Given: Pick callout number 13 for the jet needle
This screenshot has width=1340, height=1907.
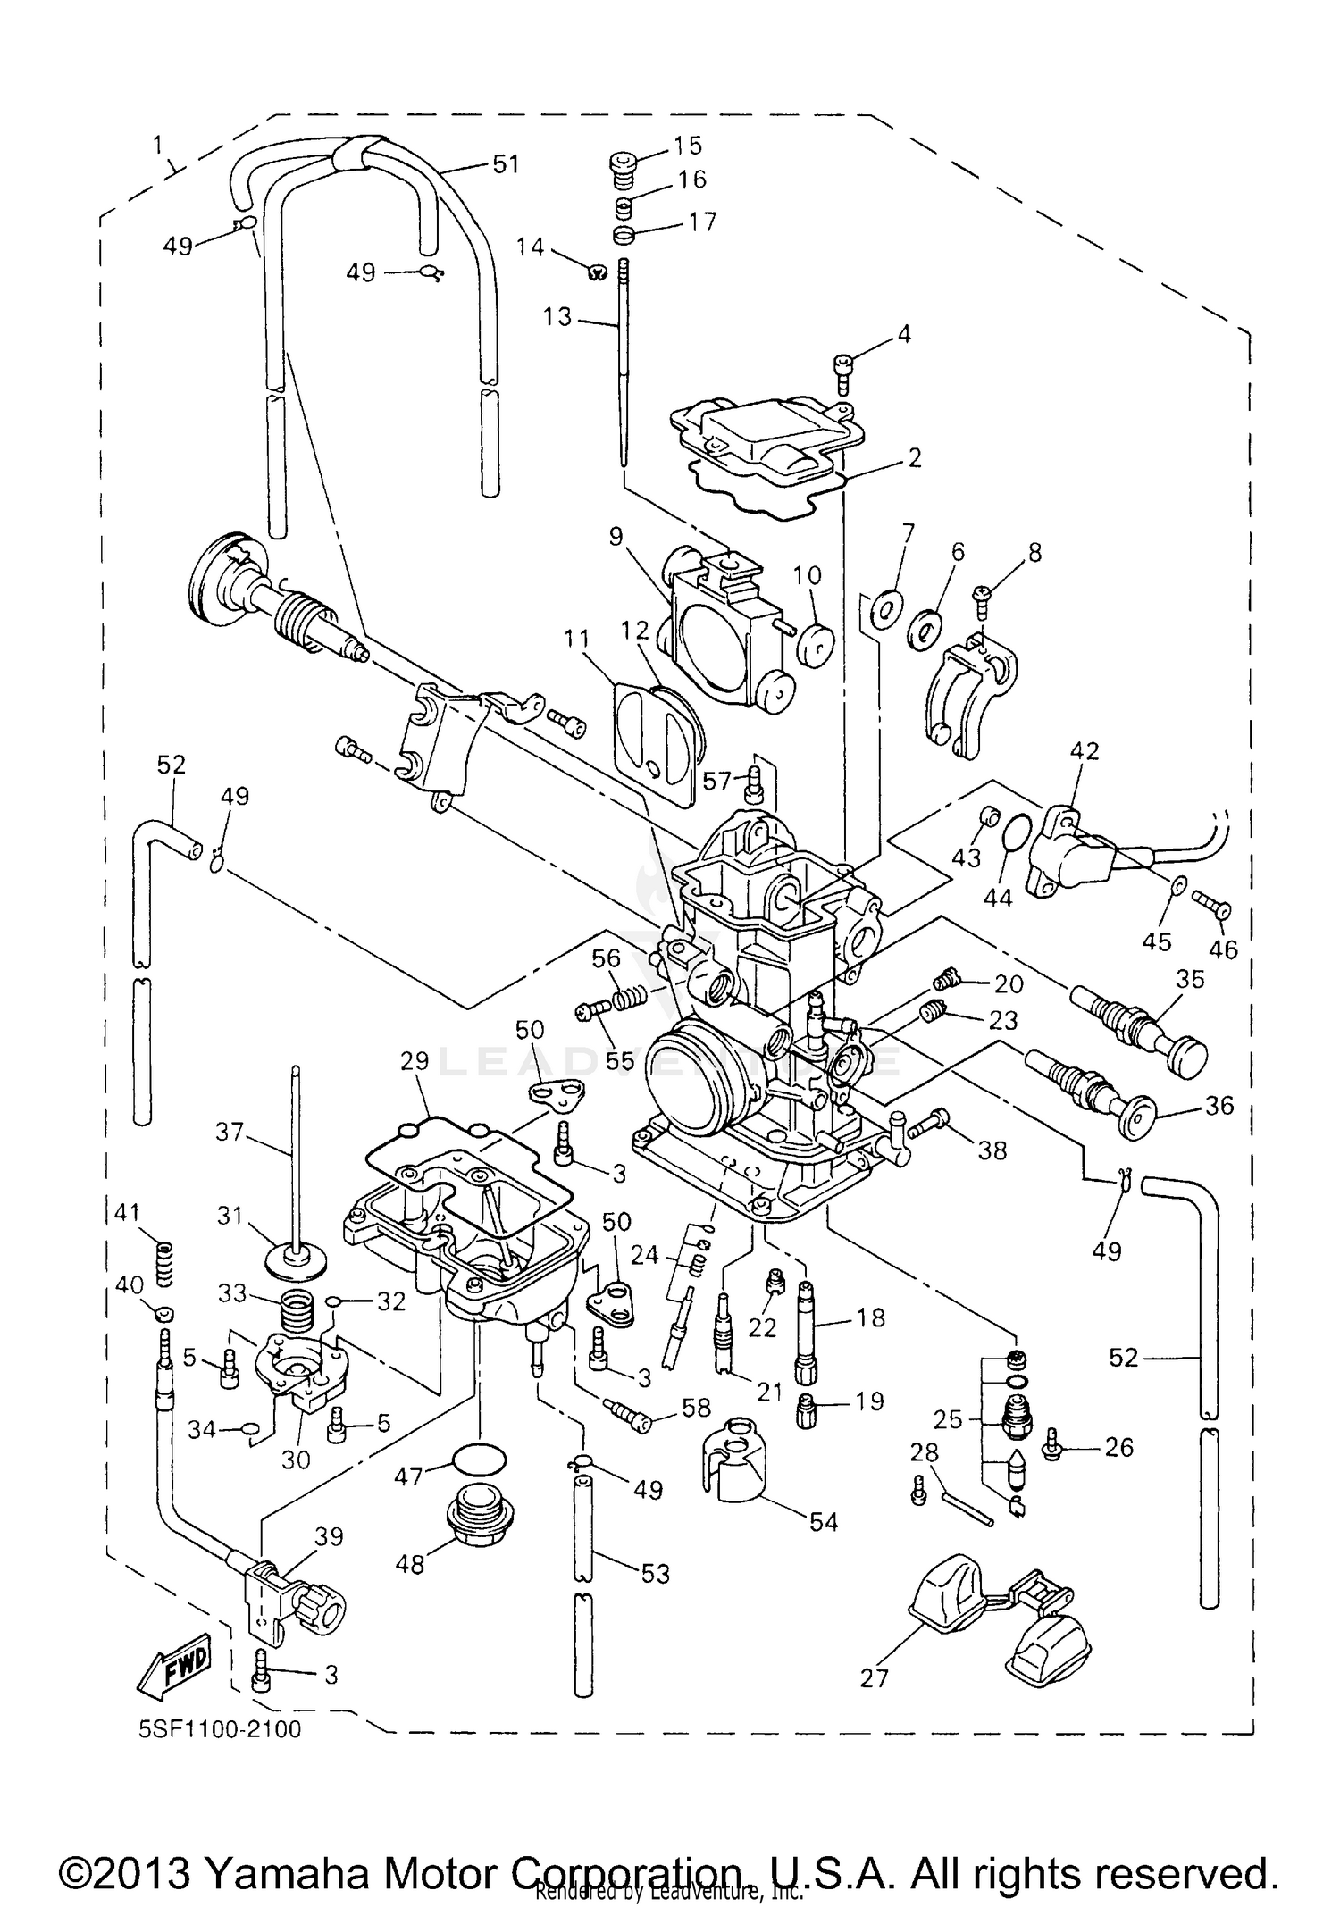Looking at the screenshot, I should tap(557, 316).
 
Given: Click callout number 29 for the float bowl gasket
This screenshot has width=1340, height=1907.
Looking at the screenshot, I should tap(414, 1061).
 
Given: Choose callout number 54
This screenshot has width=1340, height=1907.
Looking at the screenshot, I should tap(823, 1521).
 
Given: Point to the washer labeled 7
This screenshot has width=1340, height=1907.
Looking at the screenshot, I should tap(884, 610).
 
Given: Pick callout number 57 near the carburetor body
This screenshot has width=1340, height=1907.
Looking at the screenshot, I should tap(716, 782).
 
